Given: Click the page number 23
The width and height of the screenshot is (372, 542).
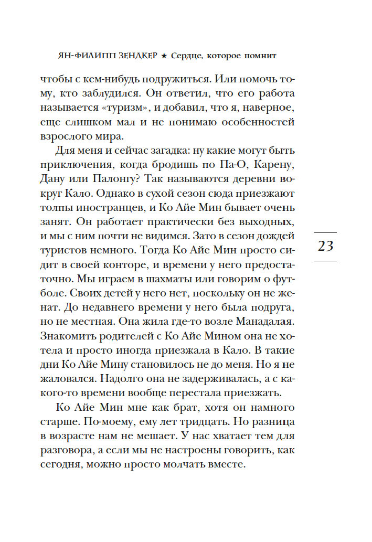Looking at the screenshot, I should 326,246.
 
